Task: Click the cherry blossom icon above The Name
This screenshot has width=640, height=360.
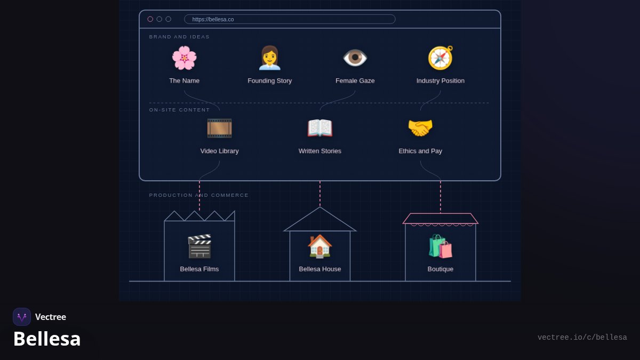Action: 185,58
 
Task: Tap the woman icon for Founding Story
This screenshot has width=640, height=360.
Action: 269,58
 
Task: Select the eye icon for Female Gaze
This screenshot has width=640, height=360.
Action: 355,58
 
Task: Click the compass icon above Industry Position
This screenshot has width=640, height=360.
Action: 441,58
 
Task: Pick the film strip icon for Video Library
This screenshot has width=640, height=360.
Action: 219,128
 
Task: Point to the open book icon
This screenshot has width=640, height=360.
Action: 319,128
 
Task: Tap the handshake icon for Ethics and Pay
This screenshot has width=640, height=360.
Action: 420,128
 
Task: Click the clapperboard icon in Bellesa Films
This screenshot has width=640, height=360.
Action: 199,246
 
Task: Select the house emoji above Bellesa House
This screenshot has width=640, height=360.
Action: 319,246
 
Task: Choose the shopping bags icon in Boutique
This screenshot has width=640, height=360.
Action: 441,246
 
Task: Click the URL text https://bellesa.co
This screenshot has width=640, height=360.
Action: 213,19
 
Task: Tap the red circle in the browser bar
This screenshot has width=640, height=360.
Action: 150,19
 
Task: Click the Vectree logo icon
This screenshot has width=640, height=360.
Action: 22,317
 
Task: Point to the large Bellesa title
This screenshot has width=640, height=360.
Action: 47,339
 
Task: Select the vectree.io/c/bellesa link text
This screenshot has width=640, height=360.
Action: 582,338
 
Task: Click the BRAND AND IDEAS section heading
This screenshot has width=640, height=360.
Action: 179,37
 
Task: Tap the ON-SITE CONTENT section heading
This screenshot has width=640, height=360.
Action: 179,110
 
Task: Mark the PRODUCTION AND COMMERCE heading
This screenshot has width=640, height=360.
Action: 198,195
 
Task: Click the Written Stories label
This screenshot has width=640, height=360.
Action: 319,151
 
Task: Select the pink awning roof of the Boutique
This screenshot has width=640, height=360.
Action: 441,219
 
